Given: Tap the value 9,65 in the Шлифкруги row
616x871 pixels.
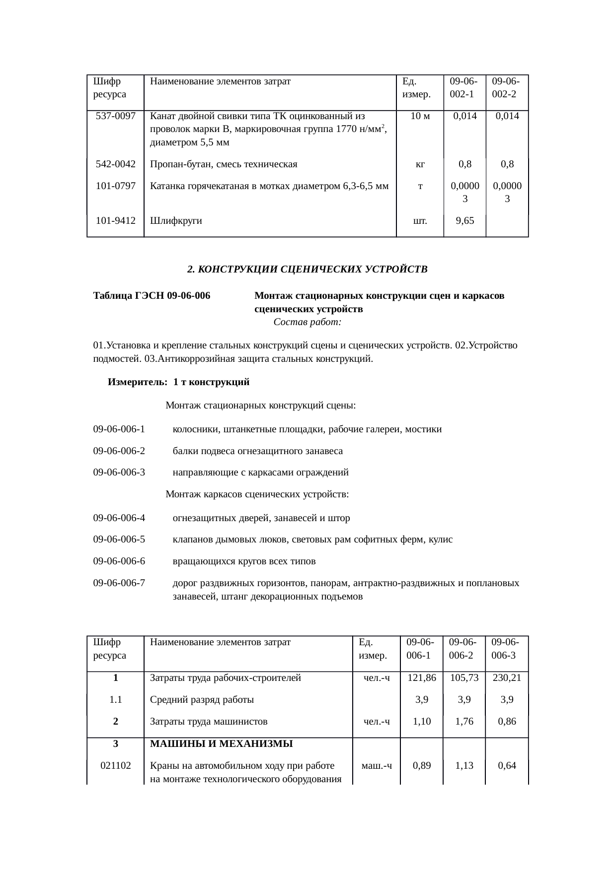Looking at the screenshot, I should tap(464, 221).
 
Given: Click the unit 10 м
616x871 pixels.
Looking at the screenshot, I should tap(420, 116).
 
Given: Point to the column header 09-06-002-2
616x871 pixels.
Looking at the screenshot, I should tap(506, 87).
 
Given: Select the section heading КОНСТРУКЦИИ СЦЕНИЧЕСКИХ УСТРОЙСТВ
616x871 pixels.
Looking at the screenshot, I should tap(308, 269).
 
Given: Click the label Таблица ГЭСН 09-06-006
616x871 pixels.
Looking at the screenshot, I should tap(152, 296).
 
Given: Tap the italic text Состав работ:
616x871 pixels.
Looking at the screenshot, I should tap(307, 323).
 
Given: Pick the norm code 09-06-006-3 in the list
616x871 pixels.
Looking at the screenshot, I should tap(119, 472).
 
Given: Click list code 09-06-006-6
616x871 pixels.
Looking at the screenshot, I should tap(119, 561).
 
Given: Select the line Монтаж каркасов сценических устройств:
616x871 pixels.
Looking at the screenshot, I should tap(257, 494).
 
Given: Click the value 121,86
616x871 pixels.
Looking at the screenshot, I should tap(421, 678).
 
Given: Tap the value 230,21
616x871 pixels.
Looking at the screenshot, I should tap(506, 678).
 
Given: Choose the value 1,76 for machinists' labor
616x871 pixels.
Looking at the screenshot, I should tap(464, 722).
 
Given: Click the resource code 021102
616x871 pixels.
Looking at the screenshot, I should tap(116, 765).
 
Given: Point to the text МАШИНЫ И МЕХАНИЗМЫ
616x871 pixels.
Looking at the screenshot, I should tap(221, 744).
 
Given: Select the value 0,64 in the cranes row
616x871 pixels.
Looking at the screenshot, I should tap(507, 765).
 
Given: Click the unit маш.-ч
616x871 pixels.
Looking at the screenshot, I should tap(377, 765).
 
